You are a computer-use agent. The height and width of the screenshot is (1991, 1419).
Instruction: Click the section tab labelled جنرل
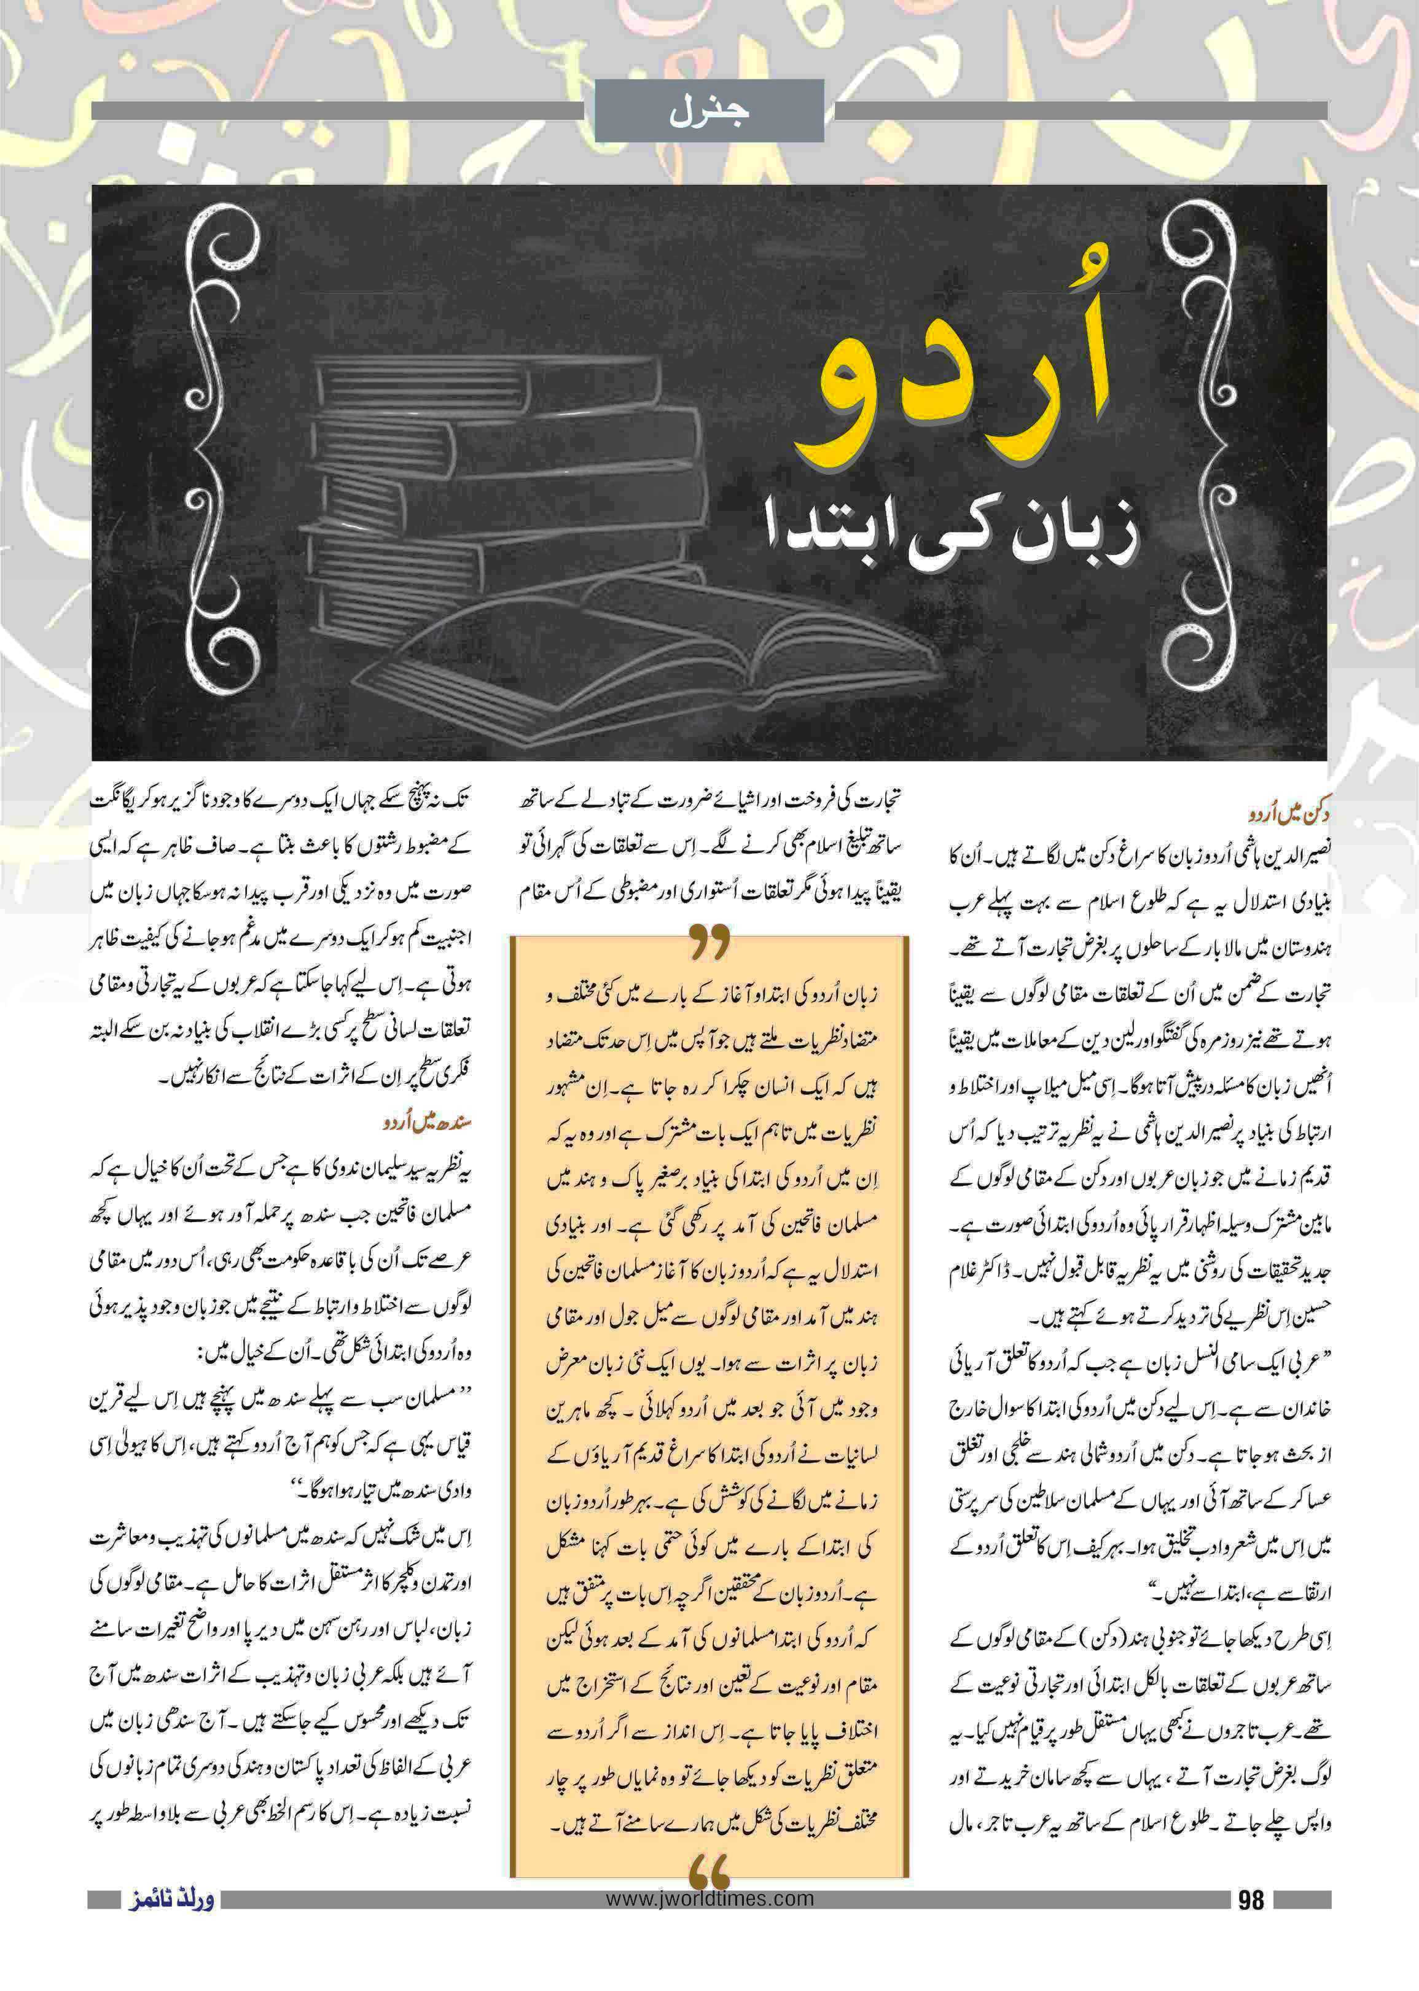[709, 111]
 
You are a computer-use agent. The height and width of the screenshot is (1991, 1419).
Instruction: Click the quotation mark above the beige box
[709, 945]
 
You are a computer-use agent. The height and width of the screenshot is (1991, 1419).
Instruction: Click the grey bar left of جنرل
[337, 111]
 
